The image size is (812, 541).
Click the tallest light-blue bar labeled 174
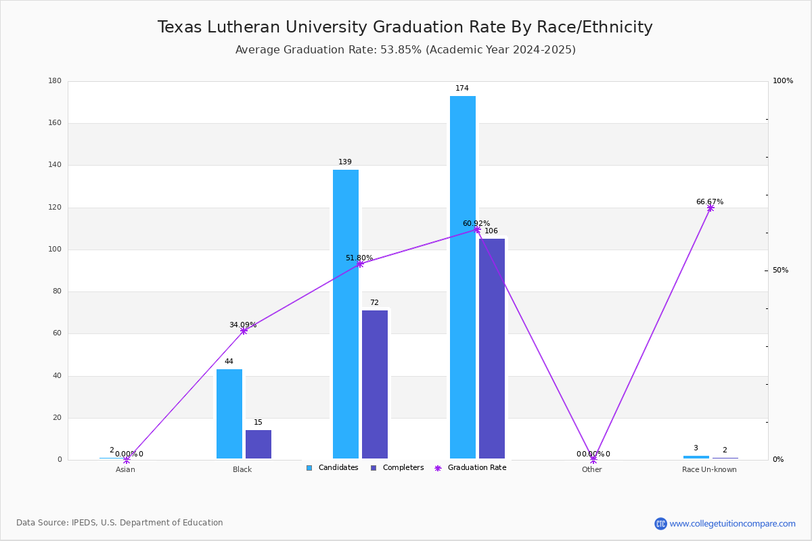[463, 277]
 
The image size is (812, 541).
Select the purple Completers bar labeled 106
[492, 348]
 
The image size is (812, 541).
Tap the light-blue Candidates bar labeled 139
[346, 314]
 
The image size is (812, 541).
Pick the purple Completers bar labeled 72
[375, 384]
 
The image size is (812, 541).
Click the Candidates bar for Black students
[229, 414]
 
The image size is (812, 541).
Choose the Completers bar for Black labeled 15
[258, 444]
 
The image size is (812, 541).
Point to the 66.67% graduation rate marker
[710, 208]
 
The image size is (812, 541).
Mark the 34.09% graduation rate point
[244, 331]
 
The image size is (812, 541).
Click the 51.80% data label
[359, 258]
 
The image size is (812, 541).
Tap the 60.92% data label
[476, 223]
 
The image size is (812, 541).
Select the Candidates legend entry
[332, 468]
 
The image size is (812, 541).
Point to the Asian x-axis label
[125, 470]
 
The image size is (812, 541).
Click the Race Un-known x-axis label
[709, 470]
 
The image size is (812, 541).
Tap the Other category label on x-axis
[591, 470]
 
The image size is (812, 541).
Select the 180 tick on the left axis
[55, 81]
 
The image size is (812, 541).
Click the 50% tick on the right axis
[780, 270]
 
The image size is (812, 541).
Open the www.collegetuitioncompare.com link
[732, 523]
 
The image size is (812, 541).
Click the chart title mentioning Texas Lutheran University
[405, 28]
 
